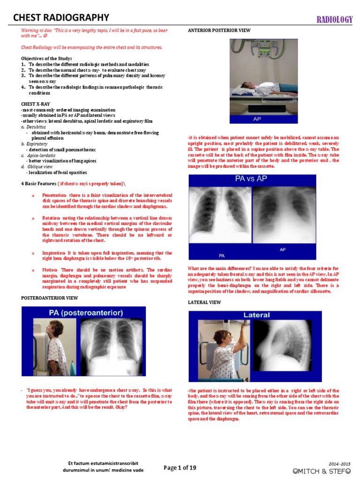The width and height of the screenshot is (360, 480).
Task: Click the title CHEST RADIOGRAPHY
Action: click(61, 18)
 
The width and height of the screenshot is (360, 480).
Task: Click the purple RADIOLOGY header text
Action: click(334, 19)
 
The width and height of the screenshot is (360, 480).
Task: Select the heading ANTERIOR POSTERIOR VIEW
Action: click(219, 30)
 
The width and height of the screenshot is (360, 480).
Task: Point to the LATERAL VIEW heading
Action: click(204, 303)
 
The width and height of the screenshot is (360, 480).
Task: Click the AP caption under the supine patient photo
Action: click(257, 119)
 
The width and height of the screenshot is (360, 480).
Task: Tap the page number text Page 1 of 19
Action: click(180, 467)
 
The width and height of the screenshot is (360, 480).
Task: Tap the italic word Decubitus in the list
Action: click(37, 127)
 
